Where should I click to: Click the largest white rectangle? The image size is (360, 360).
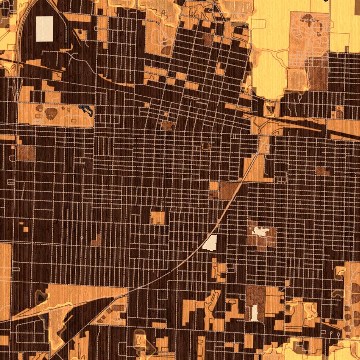click(x=45, y=29)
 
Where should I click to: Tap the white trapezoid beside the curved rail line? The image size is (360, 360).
click(x=210, y=243)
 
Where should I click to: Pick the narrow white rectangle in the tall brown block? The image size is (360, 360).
click(x=255, y=312)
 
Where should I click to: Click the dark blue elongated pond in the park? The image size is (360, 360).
click(x=86, y=109)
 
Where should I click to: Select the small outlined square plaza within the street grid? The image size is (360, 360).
click(x=206, y=146)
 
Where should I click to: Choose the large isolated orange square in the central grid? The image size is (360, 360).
click(x=158, y=217)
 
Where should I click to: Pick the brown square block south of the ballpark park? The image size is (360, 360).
click(x=26, y=153)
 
